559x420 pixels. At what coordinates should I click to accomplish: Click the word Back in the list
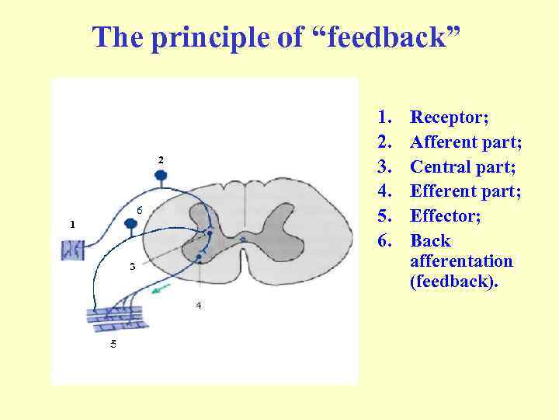click(430, 241)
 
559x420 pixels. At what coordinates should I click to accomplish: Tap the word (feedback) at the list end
click(454, 282)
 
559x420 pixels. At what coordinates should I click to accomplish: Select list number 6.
click(384, 241)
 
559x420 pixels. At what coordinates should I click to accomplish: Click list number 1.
click(384, 117)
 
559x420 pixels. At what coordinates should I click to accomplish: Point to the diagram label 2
click(161, 159)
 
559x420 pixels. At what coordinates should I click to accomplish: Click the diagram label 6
click(139, 210)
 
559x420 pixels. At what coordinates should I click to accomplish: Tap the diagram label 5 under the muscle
click(113, 343)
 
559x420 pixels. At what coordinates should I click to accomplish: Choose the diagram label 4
click(198, 306)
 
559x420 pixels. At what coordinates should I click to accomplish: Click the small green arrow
click(161, 291)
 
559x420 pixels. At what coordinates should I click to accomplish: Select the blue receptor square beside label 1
click(75, 250)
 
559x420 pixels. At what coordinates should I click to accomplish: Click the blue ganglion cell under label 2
click(161, 175)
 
